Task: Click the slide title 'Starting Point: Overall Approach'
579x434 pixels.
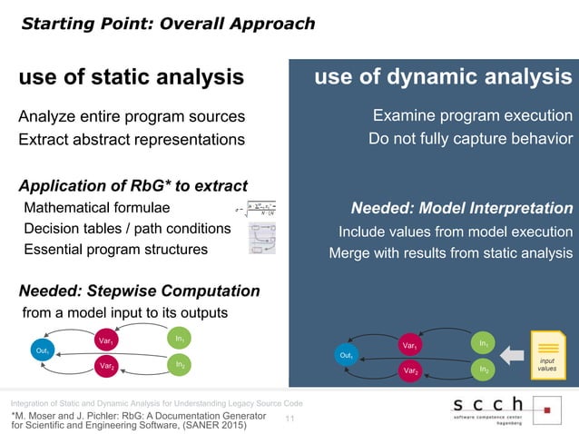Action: [x=168, y=24]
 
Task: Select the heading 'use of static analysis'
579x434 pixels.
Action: [x=132, y=78]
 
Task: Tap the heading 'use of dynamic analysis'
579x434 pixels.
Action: [x=443, y=78]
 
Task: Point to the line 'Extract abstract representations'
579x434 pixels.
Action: [x=132, y=140]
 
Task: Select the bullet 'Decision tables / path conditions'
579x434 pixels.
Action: [x=127, y=228]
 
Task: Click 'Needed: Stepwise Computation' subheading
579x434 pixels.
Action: [x=139, y=291]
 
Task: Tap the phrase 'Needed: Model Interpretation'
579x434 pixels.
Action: [x=464, y=208]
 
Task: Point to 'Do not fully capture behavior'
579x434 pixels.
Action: [x=470, y=140]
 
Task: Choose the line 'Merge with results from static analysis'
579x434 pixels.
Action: [x=450, y=252]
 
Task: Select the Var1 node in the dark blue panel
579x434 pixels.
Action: [x=409, y=346]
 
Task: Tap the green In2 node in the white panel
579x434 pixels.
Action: [x=182, y=365]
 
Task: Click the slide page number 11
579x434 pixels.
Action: [x=290, y=419]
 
